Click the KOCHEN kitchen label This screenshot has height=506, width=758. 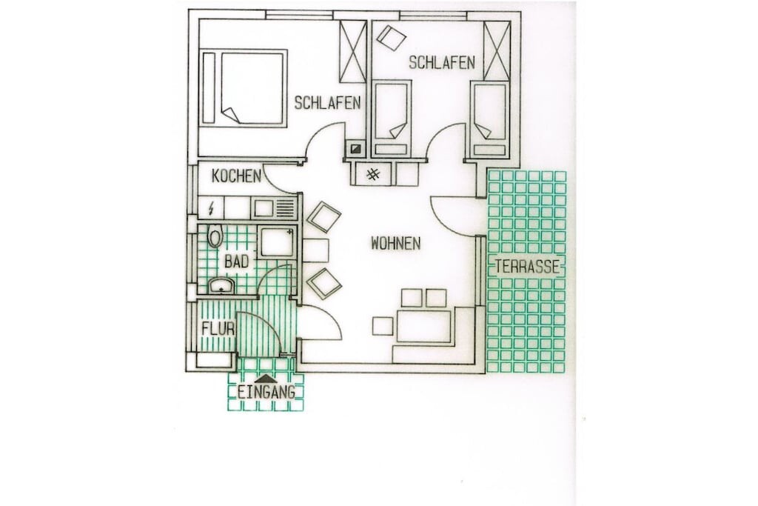pyautogui.click(x=236, y=176)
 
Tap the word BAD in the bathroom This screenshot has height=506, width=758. pyautogui.click(x=236, y=262)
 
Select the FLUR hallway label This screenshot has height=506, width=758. pyautogui.click(x=218, y=329)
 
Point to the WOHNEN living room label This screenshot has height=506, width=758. pyautogui.click(x=395, y=243)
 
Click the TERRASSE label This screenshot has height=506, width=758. pyautogui.click(x=527, y=267)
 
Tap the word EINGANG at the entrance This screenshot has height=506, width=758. pyautogui.click(x=266, y=393)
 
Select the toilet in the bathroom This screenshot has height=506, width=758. pyautogui.click(x=215, y=236)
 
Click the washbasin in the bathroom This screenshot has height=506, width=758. pyautogui.click(x=221, y=285)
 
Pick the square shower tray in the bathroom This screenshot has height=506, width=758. pyautogui.click(x=277, y=242)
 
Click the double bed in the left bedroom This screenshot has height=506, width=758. pyautogui.click(x=244, y=87)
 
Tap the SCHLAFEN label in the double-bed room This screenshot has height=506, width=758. pyautogui.click(x=328, y=102)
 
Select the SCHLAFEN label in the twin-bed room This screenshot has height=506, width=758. pyautogui.click(x=442, y=62)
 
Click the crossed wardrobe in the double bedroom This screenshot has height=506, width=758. pyautogui.click(x=353, y=51)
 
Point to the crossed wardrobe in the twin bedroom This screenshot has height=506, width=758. pyautogui.click(x=497, y=50)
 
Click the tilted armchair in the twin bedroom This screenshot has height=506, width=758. pyautogui.click(x=391, y=37)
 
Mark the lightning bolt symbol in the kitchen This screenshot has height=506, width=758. pyautogui.click(x=211, y=208)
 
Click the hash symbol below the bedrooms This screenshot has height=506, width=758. pyautogui.click(x=373, y=174)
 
